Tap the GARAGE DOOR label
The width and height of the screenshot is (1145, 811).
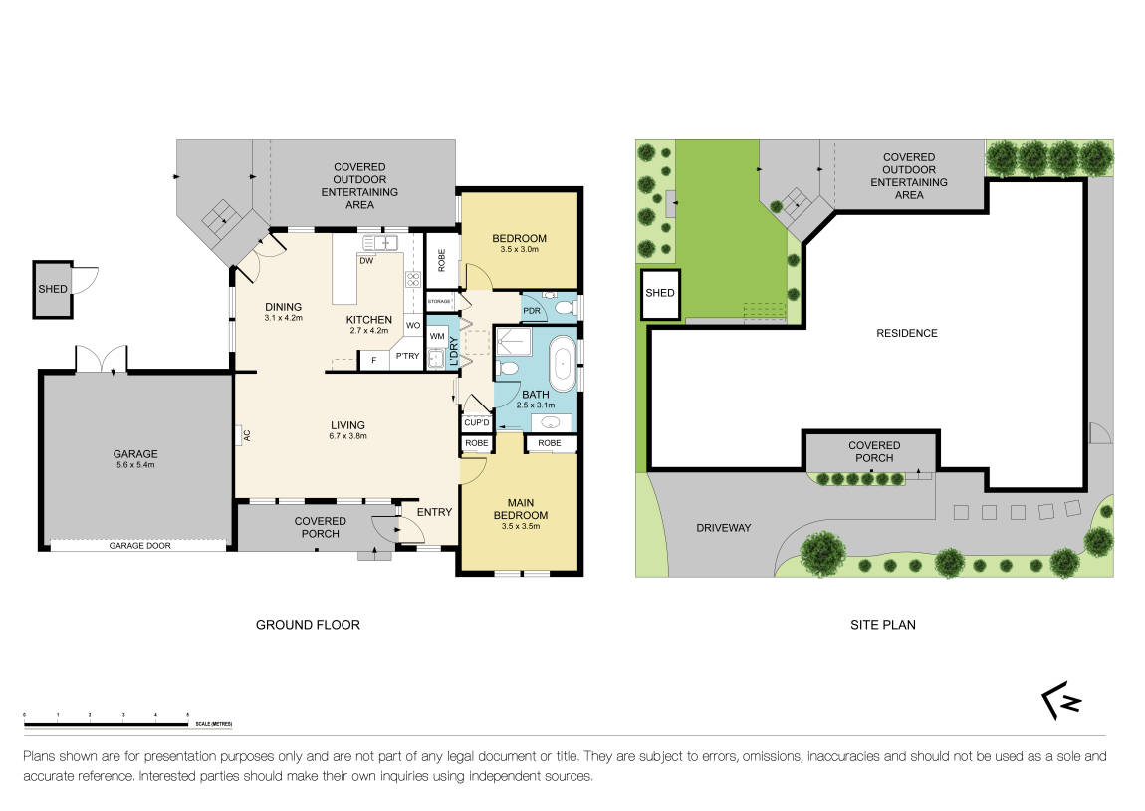(x=137, y=546)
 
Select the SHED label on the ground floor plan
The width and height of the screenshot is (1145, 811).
(x=52, y=290)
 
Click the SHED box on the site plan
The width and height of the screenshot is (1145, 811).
(x=660, y=294)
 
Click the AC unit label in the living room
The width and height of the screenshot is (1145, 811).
(x=241, y=434)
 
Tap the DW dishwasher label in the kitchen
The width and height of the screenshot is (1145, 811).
(x=366, y=261)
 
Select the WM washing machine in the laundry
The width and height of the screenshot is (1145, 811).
(x=436, y=337)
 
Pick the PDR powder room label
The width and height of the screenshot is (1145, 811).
(x=532, y=310)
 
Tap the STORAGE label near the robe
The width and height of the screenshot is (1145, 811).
(x=439, y=300)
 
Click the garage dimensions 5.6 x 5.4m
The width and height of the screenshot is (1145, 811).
(x=136, y=465)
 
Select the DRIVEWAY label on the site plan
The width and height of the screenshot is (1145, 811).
(x=723, y=527)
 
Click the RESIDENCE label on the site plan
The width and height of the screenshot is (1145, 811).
(x=907, y=333)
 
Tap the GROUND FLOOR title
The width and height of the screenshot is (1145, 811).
(x=308, y=625)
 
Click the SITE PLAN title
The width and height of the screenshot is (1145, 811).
(x=882, y=625)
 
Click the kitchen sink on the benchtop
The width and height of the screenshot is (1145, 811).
(x=381, y=242)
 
